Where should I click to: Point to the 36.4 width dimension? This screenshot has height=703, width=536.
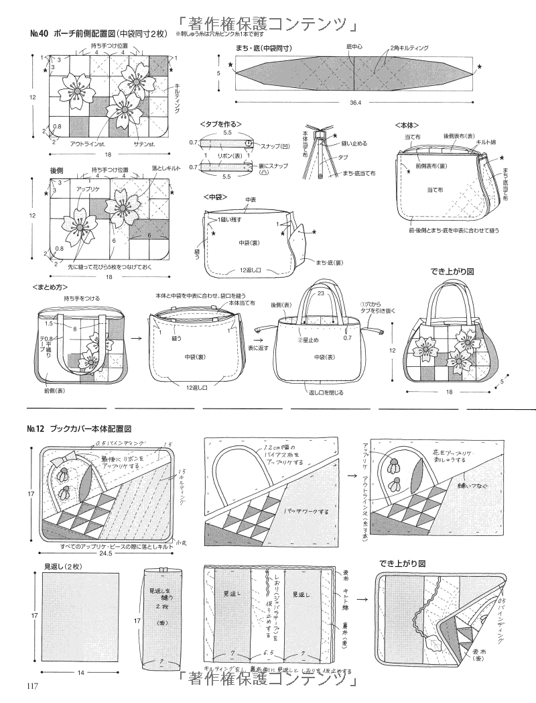tap(354, 103)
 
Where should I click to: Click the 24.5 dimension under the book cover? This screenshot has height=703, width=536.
tap(104, 555)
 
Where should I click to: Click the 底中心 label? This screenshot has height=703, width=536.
tap(355, 48)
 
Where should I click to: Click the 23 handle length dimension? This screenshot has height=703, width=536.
tap(322, 292)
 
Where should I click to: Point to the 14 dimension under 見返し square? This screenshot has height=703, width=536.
tap(80, 671)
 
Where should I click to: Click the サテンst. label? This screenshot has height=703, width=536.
tap(143, 144)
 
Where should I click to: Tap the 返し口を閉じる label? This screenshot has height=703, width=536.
tap(328, 393)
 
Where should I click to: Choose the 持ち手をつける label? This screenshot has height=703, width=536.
tap(82, 298)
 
